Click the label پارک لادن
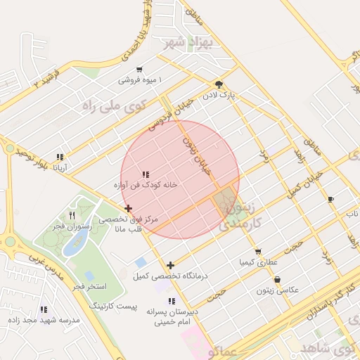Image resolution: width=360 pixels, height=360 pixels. pos(219,93)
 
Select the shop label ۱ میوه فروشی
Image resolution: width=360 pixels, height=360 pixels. pos(139,80)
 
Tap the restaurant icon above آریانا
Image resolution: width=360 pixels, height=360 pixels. pos(60,157)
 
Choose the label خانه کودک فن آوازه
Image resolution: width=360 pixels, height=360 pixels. pos(145,185)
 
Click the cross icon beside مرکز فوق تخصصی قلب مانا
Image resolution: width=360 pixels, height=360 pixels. pos(128,208)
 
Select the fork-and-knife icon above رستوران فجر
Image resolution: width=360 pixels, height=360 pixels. pos(72,215)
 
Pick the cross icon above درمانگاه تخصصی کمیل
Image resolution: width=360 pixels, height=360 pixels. pos(170,265)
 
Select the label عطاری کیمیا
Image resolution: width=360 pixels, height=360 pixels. pos(258,262)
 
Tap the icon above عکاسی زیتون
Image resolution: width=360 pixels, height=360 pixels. pos(277,279)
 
